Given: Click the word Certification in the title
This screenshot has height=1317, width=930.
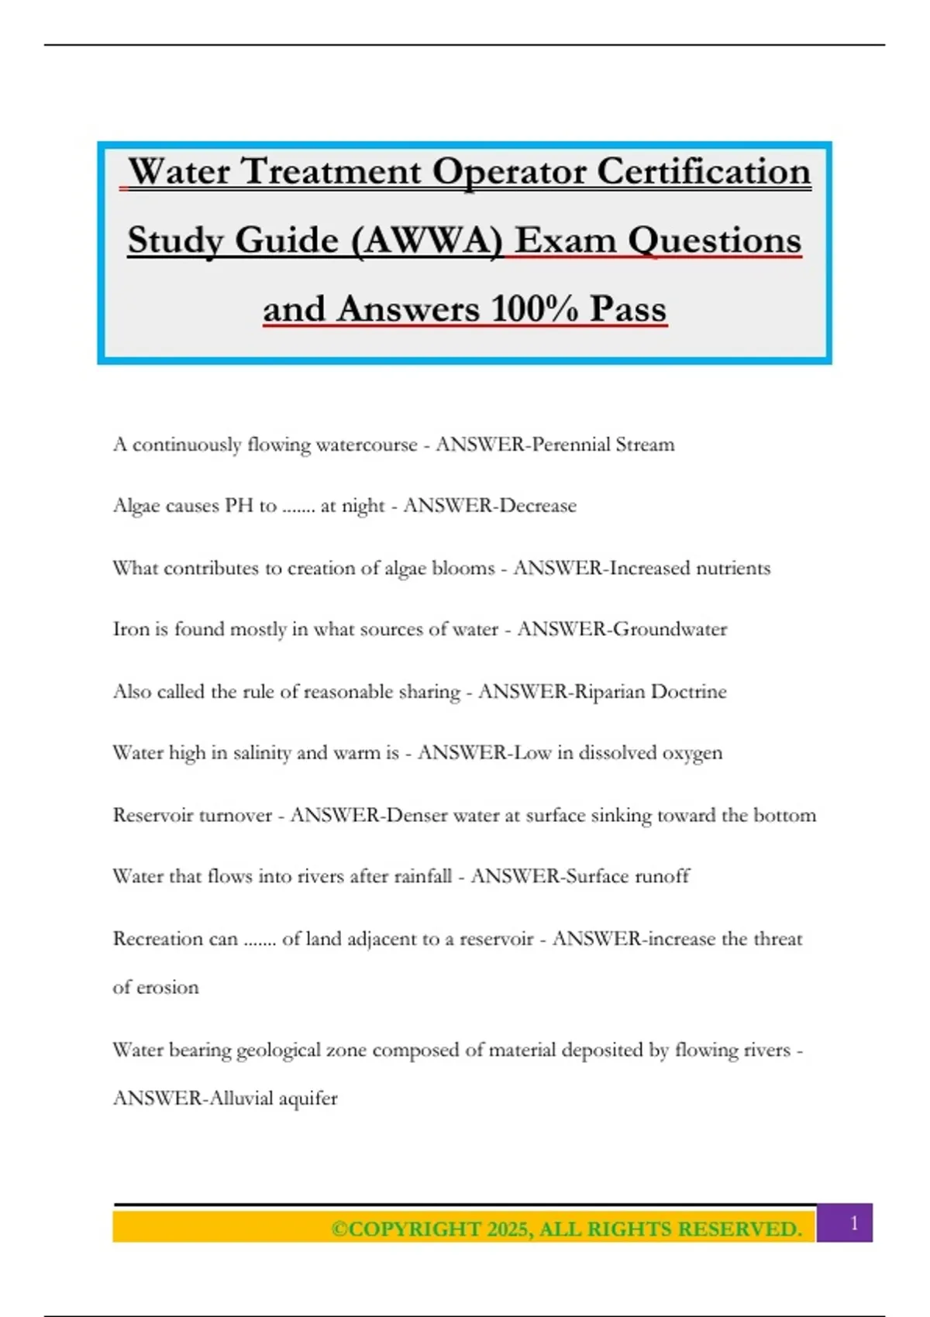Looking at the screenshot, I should [704, 171].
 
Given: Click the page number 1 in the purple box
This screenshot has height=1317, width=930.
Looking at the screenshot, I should [854, 1223].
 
